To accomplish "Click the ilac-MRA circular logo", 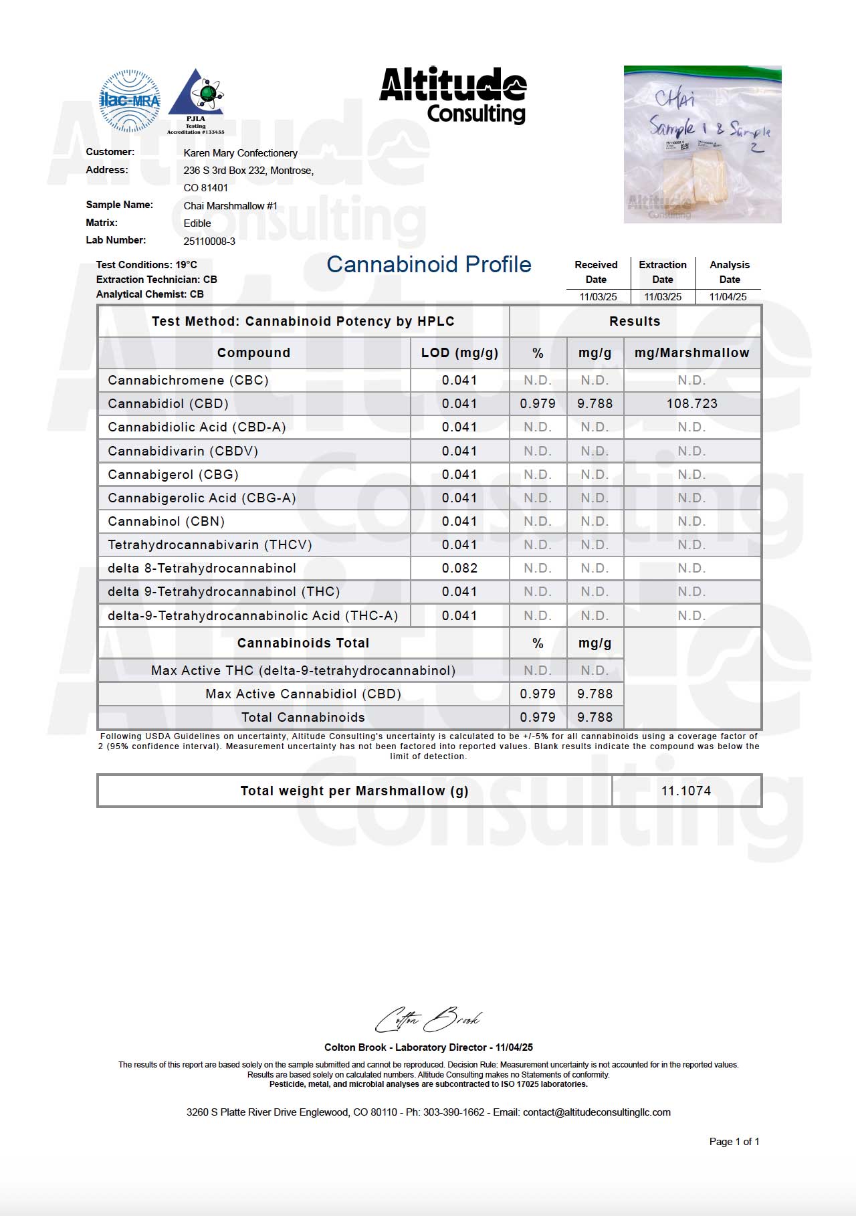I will coord(130,100).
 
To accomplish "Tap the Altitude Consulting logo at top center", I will coord(453,95).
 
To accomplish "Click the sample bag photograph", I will coord(702,144).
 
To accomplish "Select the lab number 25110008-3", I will coord(209,241).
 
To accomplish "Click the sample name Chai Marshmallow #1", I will coord(230,206).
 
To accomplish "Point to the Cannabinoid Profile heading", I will coord(429,265).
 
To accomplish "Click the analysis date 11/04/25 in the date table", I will coord(728,297).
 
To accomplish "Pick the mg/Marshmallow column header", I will coord(691,353).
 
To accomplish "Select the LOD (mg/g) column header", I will coord(459,353).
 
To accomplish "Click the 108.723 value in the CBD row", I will coord(691,404).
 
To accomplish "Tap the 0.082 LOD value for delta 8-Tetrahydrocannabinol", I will coord(459,569).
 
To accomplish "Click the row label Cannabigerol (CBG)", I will coord(173,475).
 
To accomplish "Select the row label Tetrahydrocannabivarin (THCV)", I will coord(210,545).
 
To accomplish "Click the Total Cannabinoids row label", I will coord(303,718).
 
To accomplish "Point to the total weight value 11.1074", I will coord(686,791).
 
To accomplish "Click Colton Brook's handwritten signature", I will coord(428,1020).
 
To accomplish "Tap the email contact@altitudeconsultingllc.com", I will coord(597,1112).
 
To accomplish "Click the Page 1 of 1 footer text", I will coord(734,1142).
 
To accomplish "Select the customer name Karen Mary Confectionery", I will coord(240,153).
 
